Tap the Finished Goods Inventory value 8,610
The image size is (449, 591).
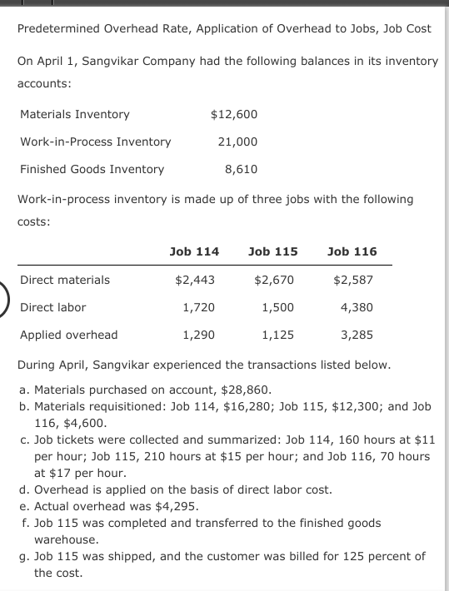pos(241,169)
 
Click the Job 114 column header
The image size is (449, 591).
pos(194,251)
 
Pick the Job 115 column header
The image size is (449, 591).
pos(272,251)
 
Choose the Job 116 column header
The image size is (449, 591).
pos(352,251)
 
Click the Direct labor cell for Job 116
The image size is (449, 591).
pos(357,307)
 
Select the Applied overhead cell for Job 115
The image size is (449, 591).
pos(277,335)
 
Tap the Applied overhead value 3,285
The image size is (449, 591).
pos(357,335)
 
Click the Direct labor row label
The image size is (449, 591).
pos(52,307)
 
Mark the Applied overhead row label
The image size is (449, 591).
pos(68,335)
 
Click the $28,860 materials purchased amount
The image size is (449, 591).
pos(244,389)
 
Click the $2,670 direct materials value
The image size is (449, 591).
pos(273,280)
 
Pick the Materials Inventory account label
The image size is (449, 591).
pos(74,114)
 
